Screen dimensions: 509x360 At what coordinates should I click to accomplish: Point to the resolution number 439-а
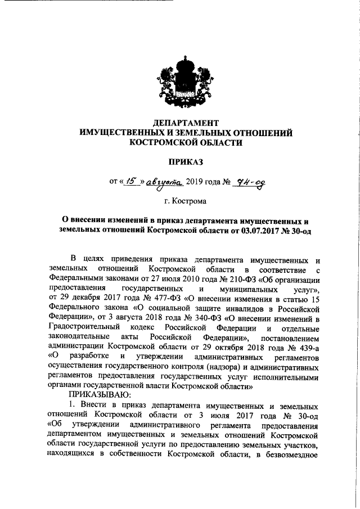[x=307, y=346]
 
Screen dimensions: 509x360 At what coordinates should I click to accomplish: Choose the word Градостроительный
[x=84, y=327]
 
